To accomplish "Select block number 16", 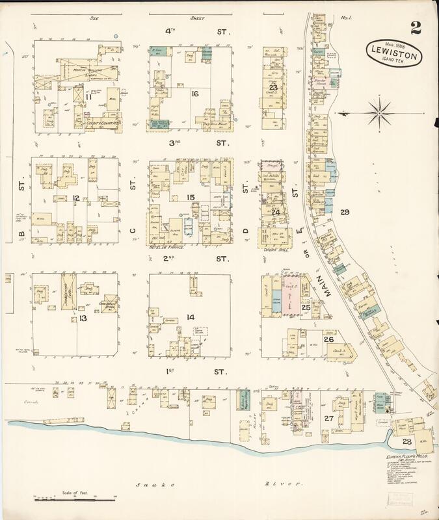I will pos(194,94).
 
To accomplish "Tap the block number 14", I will pos(190,317).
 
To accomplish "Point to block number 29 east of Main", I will pos(345,212).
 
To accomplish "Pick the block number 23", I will pos(274,87).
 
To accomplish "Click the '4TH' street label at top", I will pos(170,31).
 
